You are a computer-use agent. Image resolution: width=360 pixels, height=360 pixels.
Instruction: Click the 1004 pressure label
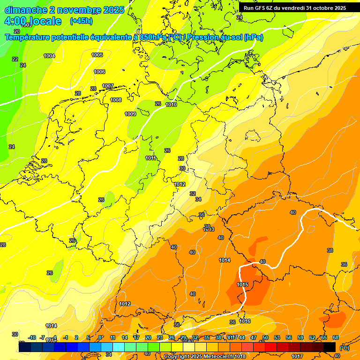[x=49, y=56]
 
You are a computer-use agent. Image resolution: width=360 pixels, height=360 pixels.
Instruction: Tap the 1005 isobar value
[x=97, y=55]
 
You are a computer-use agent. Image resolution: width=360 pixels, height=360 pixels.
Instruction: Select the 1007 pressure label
[x=108, y=86]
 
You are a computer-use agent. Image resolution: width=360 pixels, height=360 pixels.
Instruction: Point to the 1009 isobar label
[x=130, y=114]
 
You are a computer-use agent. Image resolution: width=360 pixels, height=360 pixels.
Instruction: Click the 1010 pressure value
[x=171, y=105]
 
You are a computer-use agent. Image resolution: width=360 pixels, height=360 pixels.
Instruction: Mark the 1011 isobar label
[x=150, y=158]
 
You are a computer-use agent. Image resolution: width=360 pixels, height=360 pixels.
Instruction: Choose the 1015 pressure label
[x=242, y=285]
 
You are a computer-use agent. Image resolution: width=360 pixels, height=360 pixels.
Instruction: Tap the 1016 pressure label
[x=245, y=322]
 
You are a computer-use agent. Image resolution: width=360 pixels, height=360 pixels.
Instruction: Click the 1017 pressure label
[x=297, y=357]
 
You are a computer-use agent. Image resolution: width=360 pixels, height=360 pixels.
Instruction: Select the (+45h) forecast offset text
[x=81, y=21]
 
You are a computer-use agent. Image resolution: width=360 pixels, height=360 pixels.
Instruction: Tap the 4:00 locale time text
[x=33, y=22]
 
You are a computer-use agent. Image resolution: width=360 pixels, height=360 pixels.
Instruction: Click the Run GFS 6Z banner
[x=294, y=8]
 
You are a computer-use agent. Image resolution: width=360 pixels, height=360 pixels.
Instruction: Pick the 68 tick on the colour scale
[x=336, y=338]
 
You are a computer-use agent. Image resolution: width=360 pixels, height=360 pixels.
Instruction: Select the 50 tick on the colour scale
[x=265, y=338]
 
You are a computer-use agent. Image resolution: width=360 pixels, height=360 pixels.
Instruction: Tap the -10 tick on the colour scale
[x=32, y=338]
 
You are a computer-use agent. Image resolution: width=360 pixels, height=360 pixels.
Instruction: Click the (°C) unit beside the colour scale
[x=344, y=348]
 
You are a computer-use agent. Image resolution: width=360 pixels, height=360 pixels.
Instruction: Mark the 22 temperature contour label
[x=15, y=59]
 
